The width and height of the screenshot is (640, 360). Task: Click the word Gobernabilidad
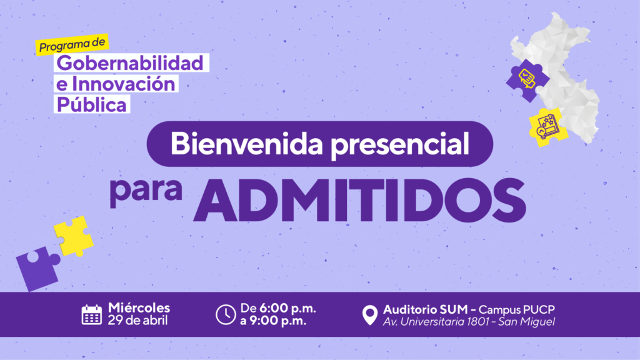click(130, 63)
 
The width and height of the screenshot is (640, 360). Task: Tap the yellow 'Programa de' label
click(72, 44)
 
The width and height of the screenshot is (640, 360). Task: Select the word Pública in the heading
click(91, 104)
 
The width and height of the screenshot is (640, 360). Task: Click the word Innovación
click(123, 84)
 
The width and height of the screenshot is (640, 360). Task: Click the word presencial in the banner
click(399, 145)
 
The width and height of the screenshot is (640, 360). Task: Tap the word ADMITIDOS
click(359, 200)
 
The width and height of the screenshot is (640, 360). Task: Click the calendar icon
click(91, 315)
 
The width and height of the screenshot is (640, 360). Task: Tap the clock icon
click(226, 315)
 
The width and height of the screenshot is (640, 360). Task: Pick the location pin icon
click(370, 315)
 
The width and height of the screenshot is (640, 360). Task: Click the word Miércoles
click(139, 307)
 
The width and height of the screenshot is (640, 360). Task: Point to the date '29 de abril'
click(138, 321)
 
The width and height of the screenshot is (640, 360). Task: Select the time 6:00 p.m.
click(287, 308)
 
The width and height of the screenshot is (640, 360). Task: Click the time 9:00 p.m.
click(278, 321)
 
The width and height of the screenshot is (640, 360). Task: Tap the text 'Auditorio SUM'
click(425, 309)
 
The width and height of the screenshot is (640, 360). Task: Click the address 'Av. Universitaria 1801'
click(436, 322)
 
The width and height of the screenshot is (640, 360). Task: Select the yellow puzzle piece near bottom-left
click(74, 236)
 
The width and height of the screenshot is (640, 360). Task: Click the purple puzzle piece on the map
click(527, 81)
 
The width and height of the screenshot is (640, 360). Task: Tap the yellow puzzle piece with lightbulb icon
click(548, 127)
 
